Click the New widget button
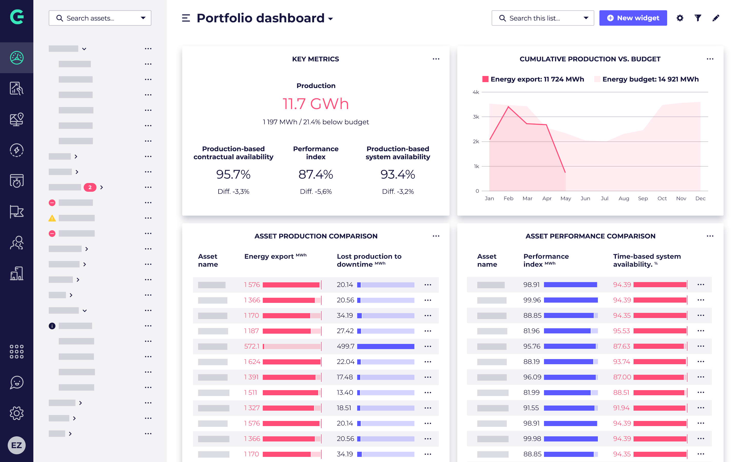coord(633,18)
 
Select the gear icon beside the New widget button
coord(680,18)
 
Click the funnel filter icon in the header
coord(698,18)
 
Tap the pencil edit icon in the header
coord(716,18)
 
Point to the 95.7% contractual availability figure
coord(233,175)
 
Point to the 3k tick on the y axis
coord(476,117)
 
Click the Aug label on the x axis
coord(624,199)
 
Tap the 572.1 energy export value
coord(252,346)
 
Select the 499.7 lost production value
coord(345,346)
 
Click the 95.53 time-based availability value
coord(621,331)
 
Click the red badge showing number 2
coord(90,187)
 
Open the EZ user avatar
coord(16,445)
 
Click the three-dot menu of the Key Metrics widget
coord(436,59)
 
